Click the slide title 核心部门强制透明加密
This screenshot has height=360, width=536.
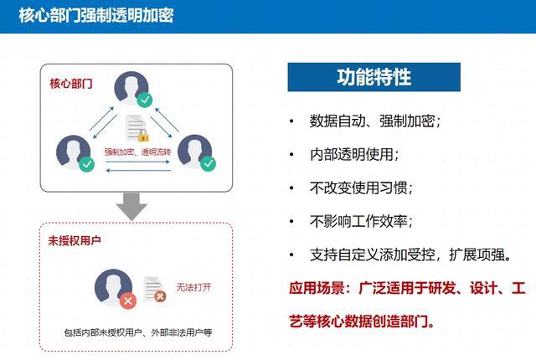point(96,15)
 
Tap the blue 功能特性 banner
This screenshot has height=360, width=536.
point(374,77)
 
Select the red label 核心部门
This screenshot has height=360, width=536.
point(71,84)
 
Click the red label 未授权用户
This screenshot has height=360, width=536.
point(75,241)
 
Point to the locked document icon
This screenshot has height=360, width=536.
point(137,128)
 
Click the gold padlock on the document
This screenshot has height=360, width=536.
point(143,136)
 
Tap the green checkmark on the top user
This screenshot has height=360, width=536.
point(145,100)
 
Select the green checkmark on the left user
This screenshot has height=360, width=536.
point(87,164)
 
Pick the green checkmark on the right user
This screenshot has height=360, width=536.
point(209,163)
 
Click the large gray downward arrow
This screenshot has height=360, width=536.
point(131,207)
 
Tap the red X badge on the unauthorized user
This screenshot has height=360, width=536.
point(128,301)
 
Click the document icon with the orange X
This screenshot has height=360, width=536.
point(154,290)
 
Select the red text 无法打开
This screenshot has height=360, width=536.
point(193,288)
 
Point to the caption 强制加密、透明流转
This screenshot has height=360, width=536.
point(137,152)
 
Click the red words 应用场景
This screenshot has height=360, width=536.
point(317,288)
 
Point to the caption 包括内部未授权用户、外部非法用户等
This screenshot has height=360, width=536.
point(138,332)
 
